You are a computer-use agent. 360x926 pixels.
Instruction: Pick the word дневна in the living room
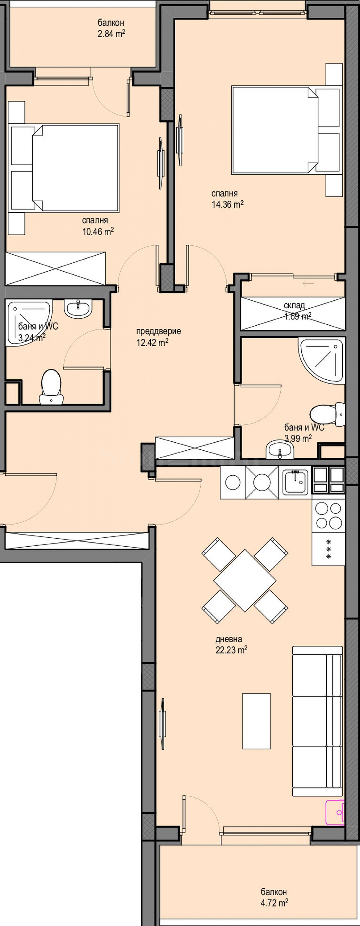pos(229,639)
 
